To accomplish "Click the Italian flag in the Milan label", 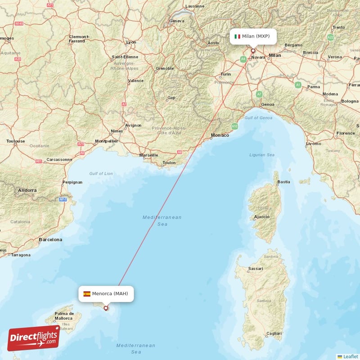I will pos(237,36).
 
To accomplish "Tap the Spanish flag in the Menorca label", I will pos(86,294).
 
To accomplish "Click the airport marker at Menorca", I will pos(106,308).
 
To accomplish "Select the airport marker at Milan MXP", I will pos(253,51).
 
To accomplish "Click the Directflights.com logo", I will pos(34,338).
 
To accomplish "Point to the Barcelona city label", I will pos(50,240).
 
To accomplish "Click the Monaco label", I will pos(220,135).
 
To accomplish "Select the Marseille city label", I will pos(148,155).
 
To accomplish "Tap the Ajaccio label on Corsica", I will pos(261,217).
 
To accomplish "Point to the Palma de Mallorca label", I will pos(64,316).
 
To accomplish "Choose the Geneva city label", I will pos(177,21).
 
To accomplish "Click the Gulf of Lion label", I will pos(101,174).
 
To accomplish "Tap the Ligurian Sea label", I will pos(261,155).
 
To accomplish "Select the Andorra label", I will pos(27,190).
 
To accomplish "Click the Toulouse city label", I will pos(16,141).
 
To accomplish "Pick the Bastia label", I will pos(284,182).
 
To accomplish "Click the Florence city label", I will pos(346,133).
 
